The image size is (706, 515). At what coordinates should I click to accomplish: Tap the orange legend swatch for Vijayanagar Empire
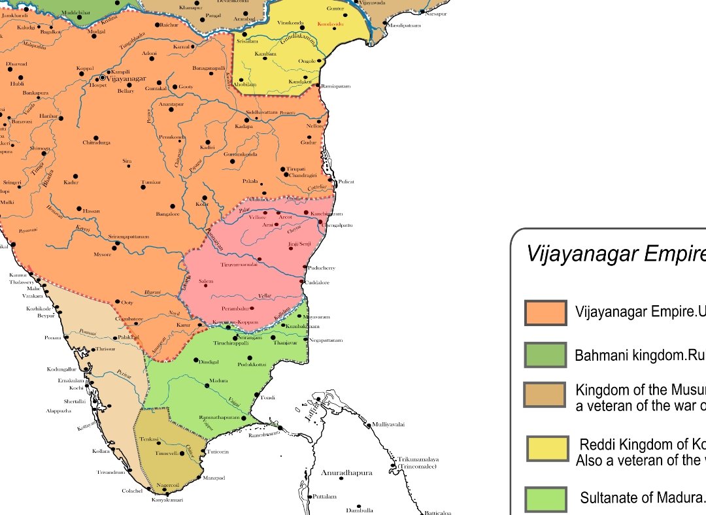point(545,312)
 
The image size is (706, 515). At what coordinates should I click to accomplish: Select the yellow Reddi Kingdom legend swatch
point(547,449)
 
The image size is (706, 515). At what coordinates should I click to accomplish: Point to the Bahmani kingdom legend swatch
point(545,355)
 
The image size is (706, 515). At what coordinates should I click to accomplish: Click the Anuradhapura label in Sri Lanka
point(346,473)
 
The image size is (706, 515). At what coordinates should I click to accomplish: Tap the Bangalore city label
point(167,214)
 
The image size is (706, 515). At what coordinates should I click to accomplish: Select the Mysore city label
point(103,254)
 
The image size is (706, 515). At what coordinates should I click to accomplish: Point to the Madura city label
point(218,380)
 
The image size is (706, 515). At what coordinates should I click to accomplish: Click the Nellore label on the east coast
point(315,125)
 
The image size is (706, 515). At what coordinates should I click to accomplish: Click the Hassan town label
point(92,210)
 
